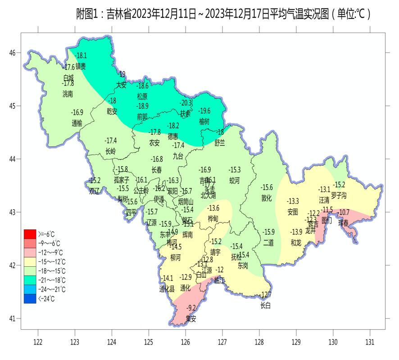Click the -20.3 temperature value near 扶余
click(186, 103)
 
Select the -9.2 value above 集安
click(192, 308)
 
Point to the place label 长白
click(266, 305)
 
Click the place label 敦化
click(267, 198)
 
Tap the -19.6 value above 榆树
click(204, 111)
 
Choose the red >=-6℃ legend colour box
click(30, 234)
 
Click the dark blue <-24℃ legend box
click(30, 298)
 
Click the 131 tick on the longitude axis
click(370, 342)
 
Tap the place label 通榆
click(77, 123)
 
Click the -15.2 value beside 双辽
click(95, 181)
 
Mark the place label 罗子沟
click(339, 196)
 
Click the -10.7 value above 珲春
click(344, 212)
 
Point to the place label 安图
click(293, 211)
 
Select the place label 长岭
click(110, 151)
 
